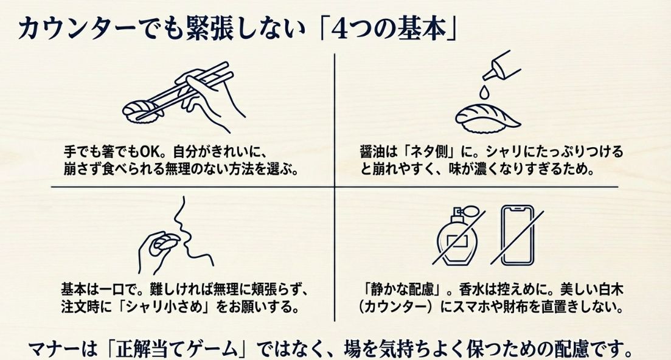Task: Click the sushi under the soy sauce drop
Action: (486, 116)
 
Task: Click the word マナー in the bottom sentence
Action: (54, 349)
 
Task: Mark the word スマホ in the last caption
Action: (479, 306)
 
